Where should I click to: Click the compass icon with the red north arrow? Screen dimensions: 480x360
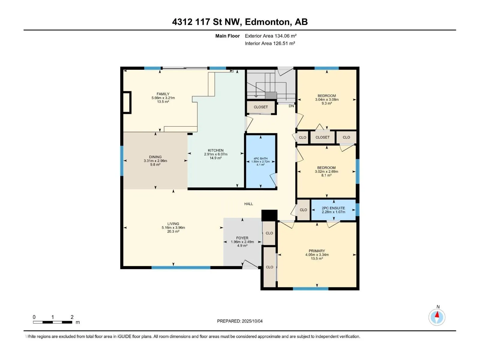[x=437, y=317]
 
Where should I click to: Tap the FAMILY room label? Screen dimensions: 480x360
[x=163, y=94]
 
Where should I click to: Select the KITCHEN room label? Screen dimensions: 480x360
[x=216, y=150]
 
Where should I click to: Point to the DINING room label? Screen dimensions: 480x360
[x=155, y=157]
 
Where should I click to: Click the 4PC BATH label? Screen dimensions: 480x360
[x=260, y=158]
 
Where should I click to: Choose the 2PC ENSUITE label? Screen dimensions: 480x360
[x=333, y=208]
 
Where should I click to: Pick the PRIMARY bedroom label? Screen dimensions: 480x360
[x=316, y=251]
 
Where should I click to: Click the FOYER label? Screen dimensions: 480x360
[x=242, y=238]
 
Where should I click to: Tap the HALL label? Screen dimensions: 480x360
[x=248, y=204]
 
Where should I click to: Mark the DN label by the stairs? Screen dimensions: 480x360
[x=291, y=106]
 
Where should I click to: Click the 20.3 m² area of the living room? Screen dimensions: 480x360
[x=173, y=232]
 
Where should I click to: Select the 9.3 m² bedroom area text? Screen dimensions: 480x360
[x=327, y=103]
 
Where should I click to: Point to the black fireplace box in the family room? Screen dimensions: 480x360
[x=127, y=102]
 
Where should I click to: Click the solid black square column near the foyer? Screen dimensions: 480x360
[x=269, y=215]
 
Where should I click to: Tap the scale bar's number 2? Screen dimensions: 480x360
[x=72, y=317]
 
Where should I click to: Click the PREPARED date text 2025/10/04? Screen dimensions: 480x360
[x=252, y=321]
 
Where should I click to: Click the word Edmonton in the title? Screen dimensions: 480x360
[x=268, y=22]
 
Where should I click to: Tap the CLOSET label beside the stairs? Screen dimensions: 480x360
[x=261, y=107]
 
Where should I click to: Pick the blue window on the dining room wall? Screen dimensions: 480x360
[x=122, y=161]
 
